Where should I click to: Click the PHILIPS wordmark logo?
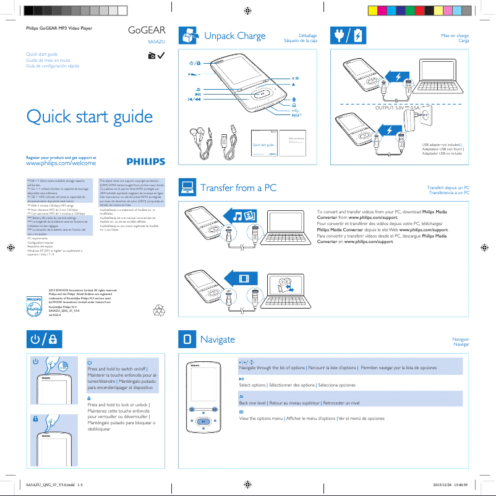(146, 161)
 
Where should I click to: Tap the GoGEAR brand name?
(146, 31)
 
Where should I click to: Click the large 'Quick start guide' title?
(89, 116)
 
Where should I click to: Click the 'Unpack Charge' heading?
(234, 36)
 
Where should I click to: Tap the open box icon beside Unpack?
(188, 36)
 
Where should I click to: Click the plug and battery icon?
(348, 36)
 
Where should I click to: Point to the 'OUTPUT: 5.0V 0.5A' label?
(398, 108)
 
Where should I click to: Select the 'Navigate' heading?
(218, 339)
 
